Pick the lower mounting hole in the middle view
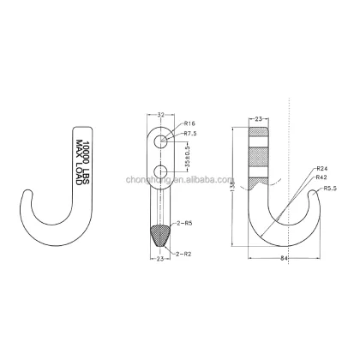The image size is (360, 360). [160, 171]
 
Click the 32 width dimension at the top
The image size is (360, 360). [160, 111]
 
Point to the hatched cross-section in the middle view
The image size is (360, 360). [160, 233]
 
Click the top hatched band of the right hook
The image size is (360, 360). [258, 135]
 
